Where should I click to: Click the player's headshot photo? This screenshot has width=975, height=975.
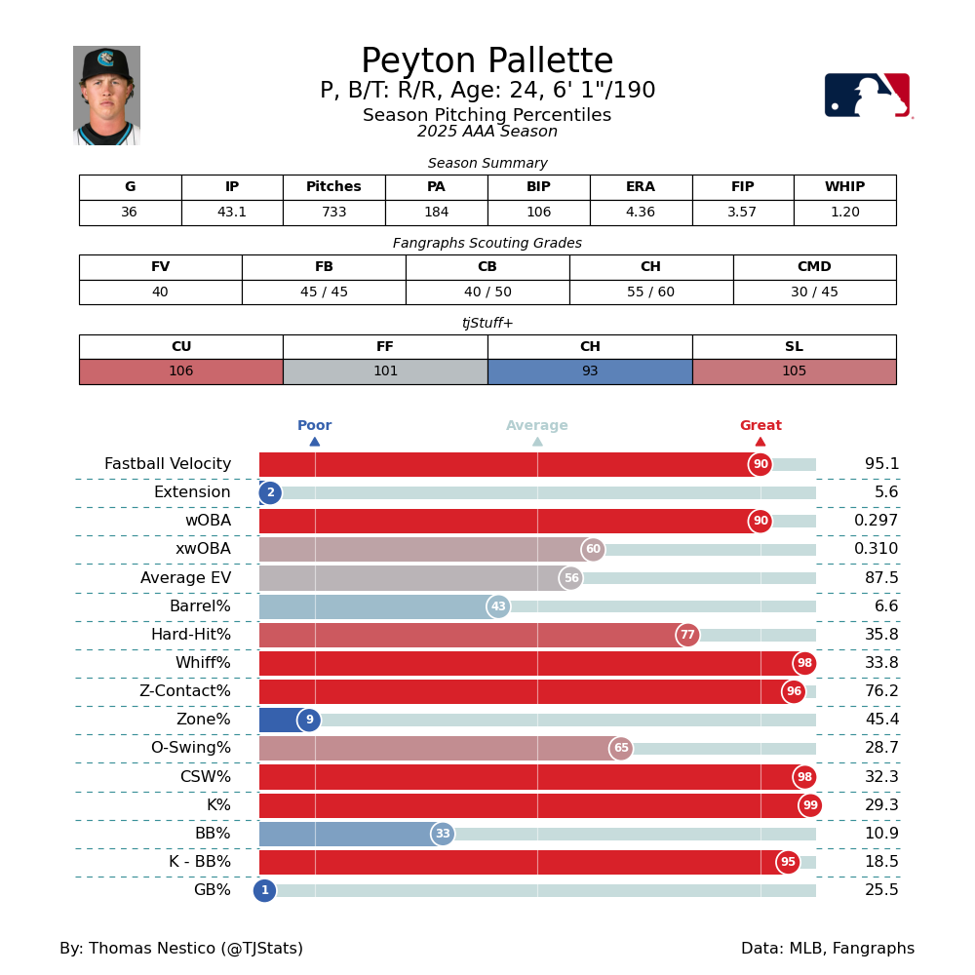106,96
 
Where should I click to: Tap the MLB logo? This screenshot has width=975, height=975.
867,96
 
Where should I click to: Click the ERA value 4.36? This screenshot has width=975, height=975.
641,213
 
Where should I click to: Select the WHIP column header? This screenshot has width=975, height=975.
844,187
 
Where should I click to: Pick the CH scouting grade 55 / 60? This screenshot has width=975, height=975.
650,292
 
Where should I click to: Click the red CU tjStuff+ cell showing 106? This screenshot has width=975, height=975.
181,371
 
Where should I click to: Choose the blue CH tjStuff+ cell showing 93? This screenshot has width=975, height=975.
590,371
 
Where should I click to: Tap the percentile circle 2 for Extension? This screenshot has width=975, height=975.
270,493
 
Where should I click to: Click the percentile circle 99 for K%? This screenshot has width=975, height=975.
810,805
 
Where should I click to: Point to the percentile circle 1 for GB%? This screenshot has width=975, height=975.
264,890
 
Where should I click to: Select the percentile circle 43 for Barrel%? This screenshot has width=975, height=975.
498,606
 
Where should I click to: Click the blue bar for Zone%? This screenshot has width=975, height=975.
281,721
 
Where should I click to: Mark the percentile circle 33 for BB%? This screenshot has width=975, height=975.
443,834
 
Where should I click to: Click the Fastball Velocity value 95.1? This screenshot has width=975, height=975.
881,464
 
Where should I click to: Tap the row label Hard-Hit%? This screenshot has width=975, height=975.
191,635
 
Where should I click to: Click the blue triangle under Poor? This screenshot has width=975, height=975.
315,442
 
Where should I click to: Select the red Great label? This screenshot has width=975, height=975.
760,426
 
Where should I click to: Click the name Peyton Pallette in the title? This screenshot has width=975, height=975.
487,61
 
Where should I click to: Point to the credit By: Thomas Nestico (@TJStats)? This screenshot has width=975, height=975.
181,949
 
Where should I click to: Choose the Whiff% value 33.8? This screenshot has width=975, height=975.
881,663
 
